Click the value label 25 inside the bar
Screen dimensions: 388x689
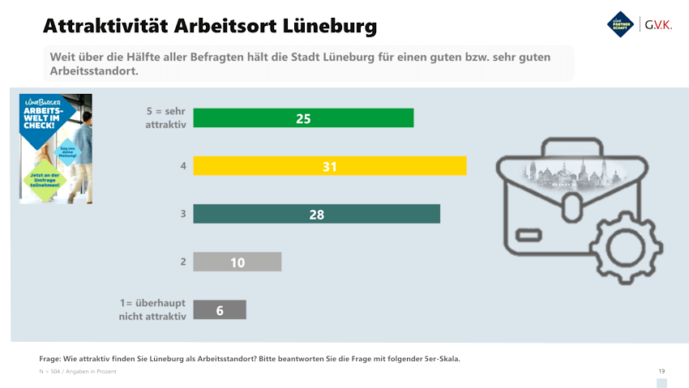pos(304,118)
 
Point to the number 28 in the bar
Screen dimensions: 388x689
pos(317,215)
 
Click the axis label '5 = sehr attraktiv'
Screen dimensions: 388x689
pos(165,118)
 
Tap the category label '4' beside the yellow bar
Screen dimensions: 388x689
pos(183,166)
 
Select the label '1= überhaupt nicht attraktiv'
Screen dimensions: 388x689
pos(153,309)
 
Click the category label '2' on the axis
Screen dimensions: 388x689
pos(183,262)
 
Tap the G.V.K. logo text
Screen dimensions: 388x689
pos(657,25)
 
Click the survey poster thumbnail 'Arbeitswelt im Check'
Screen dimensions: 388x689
pos(56,148)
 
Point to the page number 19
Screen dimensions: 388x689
pos(661,370)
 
